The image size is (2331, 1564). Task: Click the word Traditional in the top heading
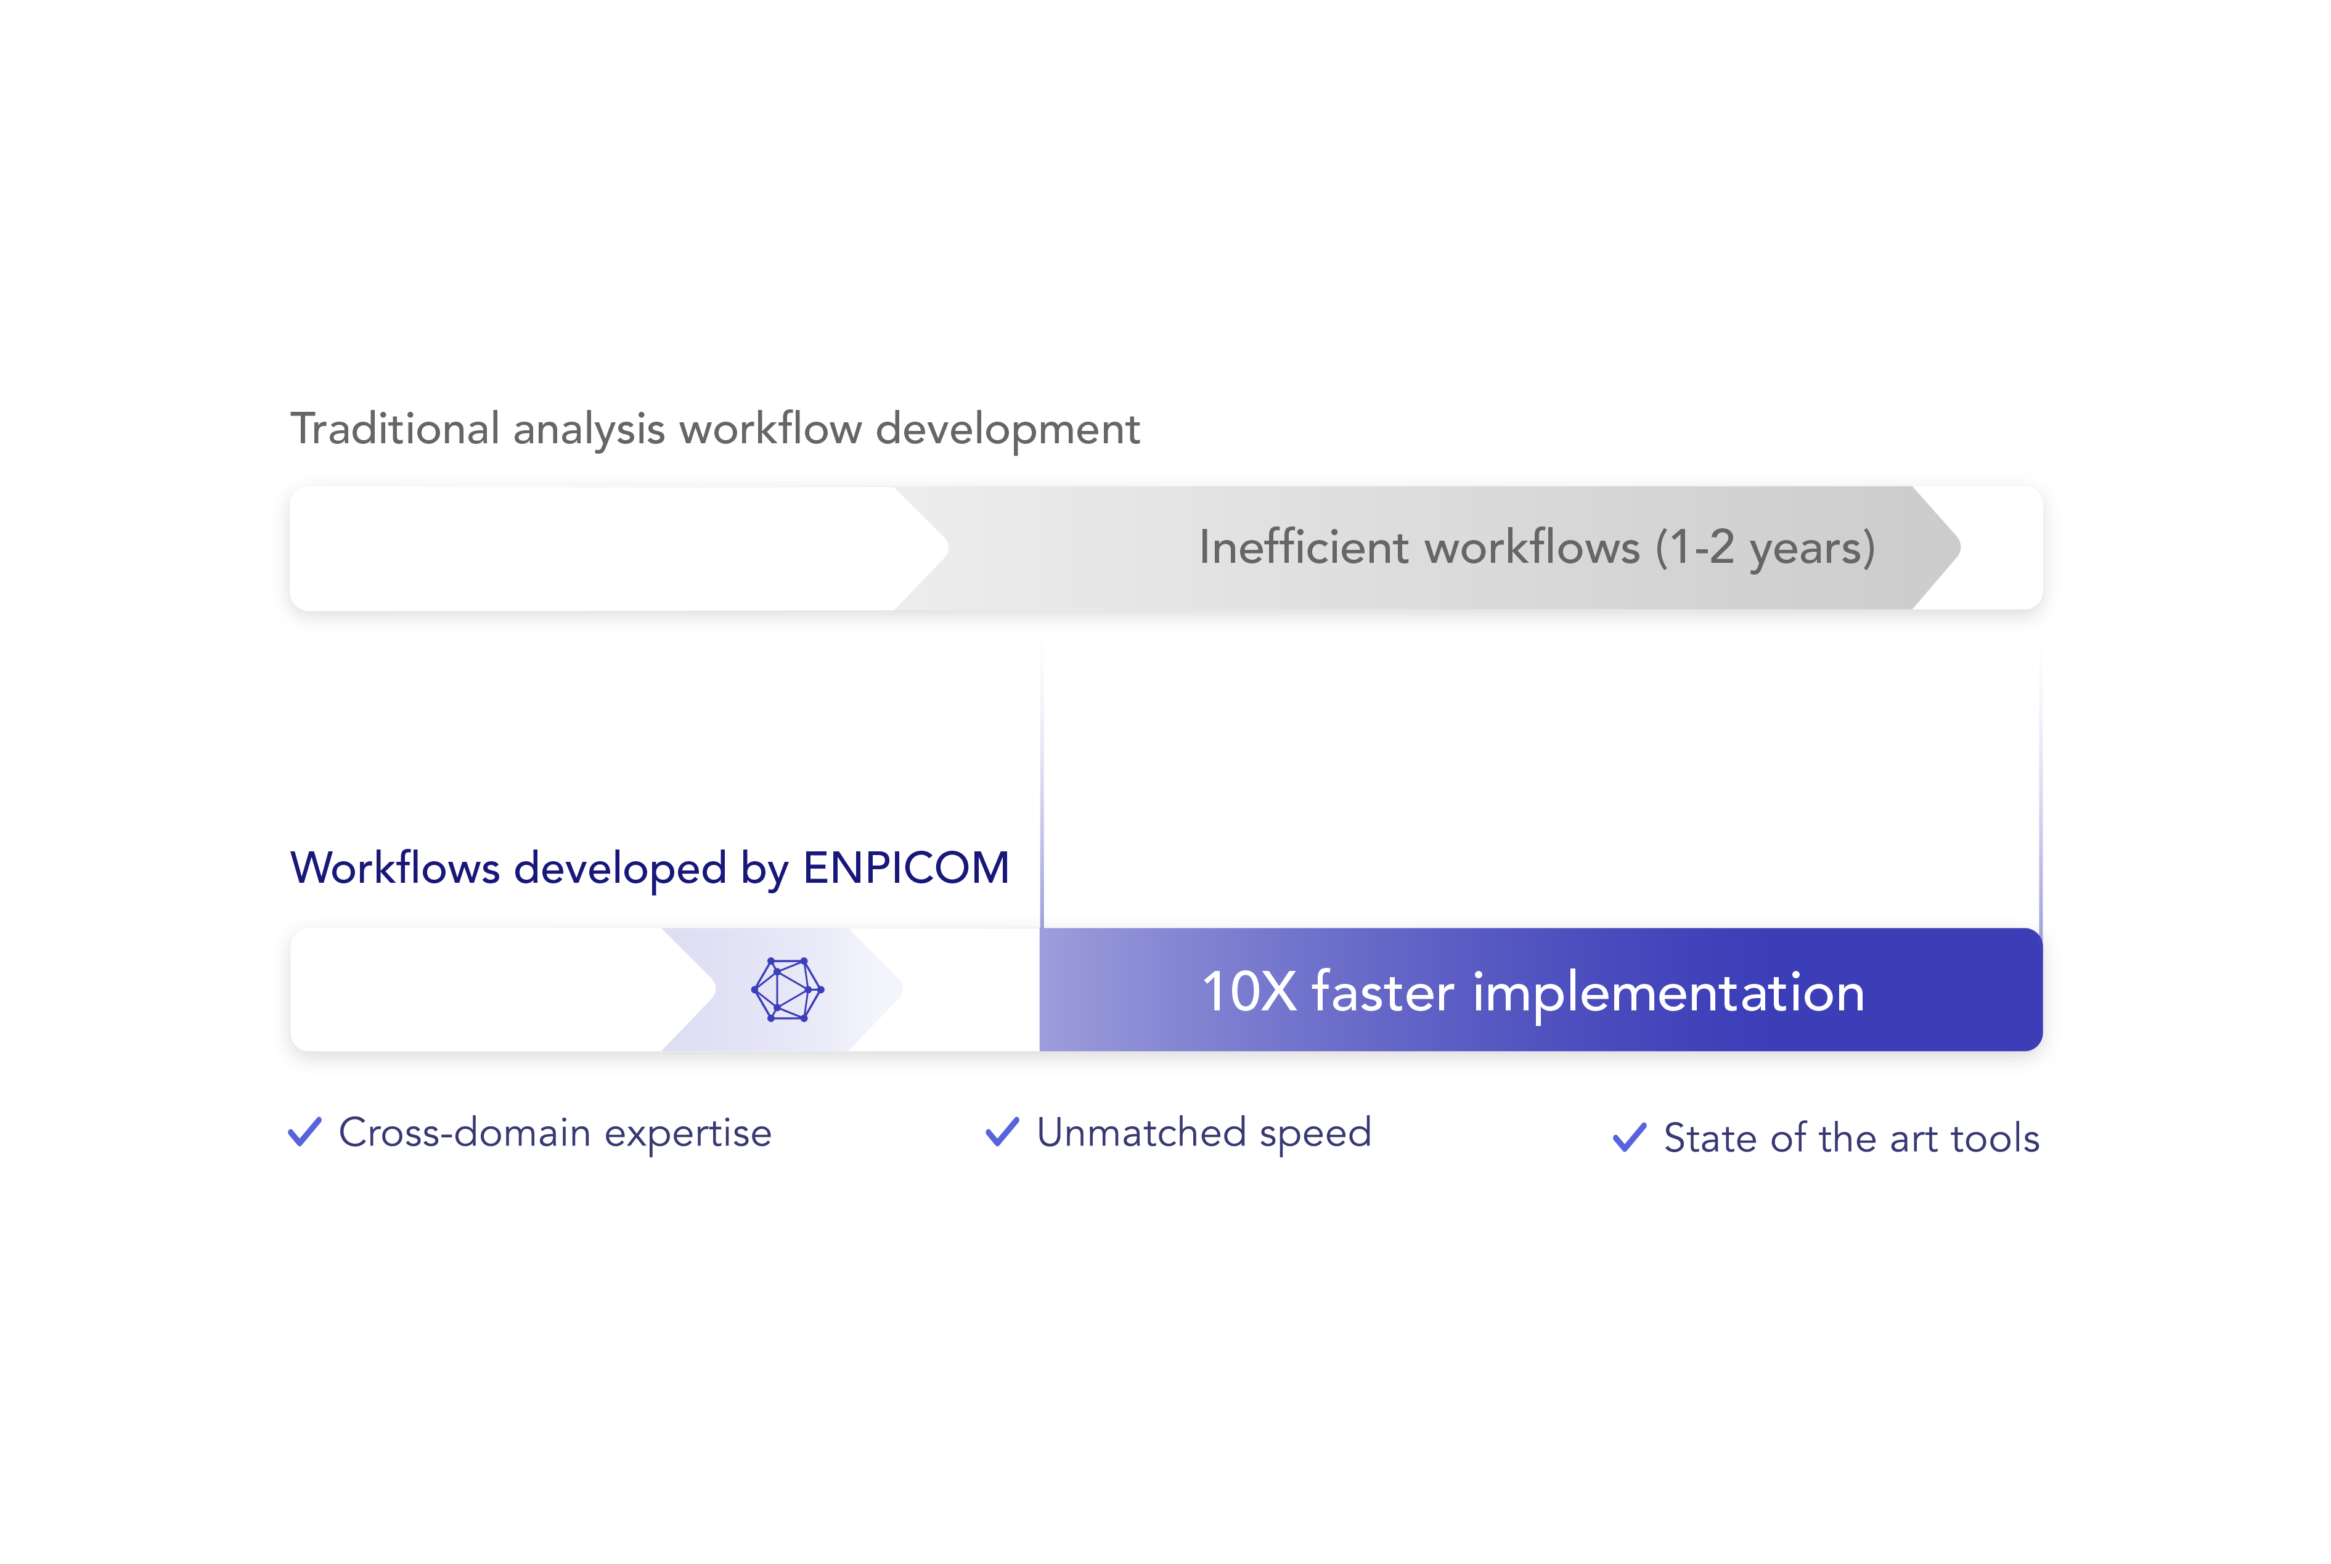[x=395, y=429]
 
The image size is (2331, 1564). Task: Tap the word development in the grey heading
[x=1007, y=430]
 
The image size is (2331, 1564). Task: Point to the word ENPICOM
[x=906, y=868]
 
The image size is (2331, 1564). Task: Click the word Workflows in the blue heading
[x=395, y=868]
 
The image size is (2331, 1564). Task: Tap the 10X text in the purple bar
[x=1249, y=993]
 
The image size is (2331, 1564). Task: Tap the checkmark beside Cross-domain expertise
[x=305, y=1132]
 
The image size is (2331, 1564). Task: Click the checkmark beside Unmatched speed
[x=1002, y=1132]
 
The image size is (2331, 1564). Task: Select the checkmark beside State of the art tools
[x=1629, y=1138]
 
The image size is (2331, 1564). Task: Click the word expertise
[x=688, y=1135]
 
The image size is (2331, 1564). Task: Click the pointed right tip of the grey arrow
[x=1960, y=547]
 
